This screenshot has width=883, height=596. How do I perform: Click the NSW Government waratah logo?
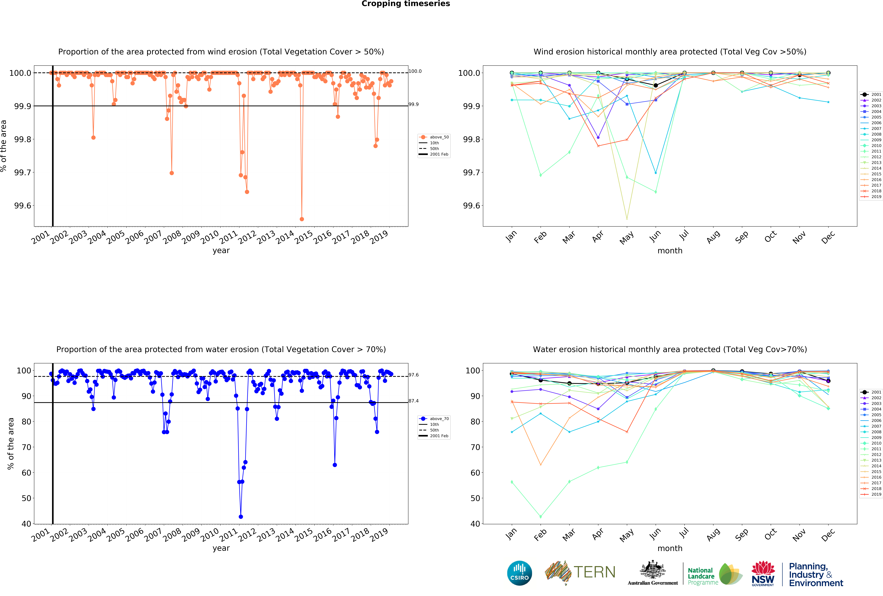pyautogui.click(x=763, y=573)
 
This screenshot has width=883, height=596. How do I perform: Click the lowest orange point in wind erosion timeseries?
pyautogui.click(x=302, y=219)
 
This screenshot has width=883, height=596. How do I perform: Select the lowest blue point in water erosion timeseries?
pyautogui.click(x=241, y=517)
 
